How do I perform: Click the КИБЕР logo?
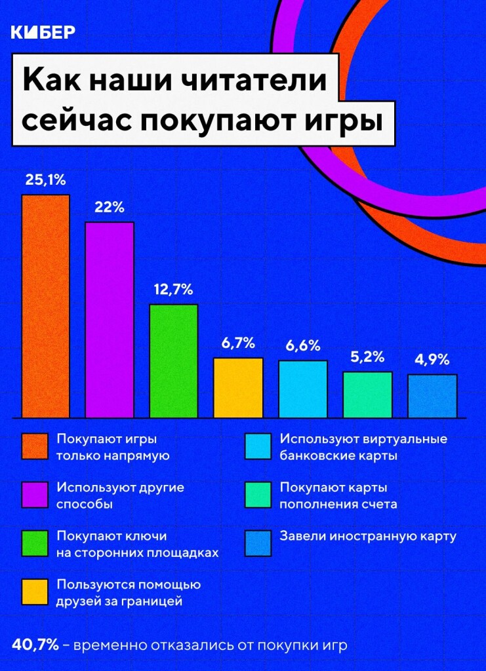[x=43, y=32]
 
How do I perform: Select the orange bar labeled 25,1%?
[x=45, y=306]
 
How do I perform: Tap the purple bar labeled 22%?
[x=110, y=320]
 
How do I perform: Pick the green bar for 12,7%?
[x=174, y=361]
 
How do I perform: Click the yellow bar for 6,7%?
[x=238, y=387]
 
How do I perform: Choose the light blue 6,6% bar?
[x=302, y=389]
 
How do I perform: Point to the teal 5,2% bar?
[x=367, y=394]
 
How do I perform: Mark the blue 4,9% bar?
[x=432, y=396]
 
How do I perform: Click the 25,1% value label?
[x=45, y=180]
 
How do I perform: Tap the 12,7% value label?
[x=174, y=289]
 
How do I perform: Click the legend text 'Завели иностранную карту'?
[x=367, y=536]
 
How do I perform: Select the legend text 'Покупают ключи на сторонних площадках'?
[x=137, y=544]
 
